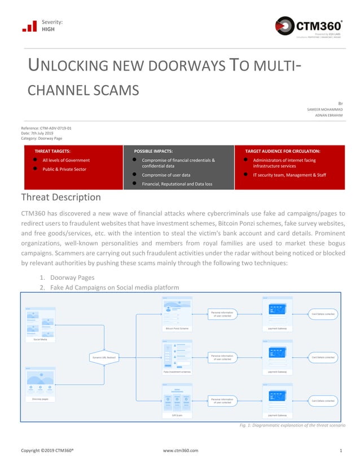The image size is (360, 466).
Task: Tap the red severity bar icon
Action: coord(29,26)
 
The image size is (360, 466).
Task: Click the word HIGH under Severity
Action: coord(49,30)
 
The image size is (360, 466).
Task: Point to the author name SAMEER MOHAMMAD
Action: coord(330,109)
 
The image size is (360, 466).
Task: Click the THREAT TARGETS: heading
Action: coord(52,151)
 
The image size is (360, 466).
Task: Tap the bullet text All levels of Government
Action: coord(66,161)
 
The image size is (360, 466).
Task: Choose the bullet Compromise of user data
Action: coord(166,175)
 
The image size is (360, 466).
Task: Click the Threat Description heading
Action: coord(61,197)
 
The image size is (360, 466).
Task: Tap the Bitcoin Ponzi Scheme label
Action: coord(177,328)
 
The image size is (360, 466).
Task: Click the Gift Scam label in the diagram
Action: coord(177,415)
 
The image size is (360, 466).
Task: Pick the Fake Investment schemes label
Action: coord(177,372)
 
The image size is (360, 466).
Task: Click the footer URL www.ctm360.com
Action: coord(180,451)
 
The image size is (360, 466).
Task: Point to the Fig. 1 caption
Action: coord(292,424)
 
